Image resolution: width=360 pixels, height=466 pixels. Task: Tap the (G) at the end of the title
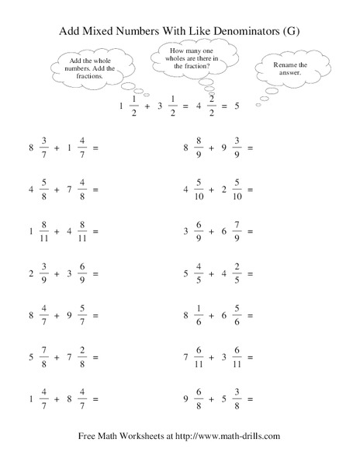click(x=289, y=32)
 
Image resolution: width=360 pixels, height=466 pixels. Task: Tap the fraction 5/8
click(x=43, y=189)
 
